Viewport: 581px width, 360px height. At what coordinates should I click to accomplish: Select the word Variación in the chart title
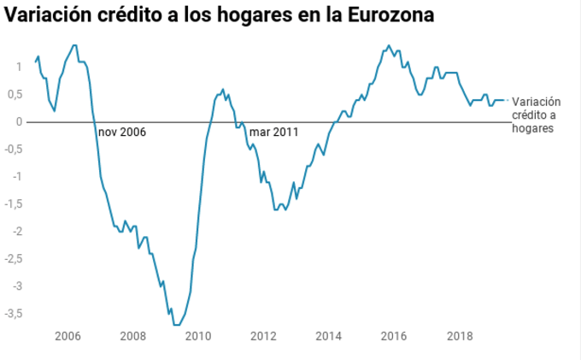pos(50,16)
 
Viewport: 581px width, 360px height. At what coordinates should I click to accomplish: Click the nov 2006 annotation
pos(122,133)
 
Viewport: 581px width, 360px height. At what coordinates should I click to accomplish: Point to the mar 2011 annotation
pos(273,133)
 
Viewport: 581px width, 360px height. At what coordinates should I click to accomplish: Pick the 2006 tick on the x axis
pos(67,336)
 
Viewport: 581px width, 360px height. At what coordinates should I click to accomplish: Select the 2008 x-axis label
pos(133,336)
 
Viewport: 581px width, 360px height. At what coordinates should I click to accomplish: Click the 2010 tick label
pos(198,336)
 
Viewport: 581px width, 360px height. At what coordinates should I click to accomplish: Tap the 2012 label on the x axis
pos(264,336)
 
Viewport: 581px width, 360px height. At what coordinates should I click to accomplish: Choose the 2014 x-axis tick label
pos(330,336)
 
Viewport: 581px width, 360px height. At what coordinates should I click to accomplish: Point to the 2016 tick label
pos(395,336)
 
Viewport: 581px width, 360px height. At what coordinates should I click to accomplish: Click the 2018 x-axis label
pos(461,336)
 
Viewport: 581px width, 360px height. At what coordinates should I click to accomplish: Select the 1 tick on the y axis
pos(18,67)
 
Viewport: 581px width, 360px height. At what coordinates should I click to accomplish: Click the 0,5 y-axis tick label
pos(15,94)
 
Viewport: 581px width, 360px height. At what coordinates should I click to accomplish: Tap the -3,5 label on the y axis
pos(13,314)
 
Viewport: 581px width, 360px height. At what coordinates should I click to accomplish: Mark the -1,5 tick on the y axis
pos(13,204)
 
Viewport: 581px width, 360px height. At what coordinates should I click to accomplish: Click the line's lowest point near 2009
pos(177,325)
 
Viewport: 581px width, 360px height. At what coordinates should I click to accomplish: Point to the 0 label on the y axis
pos(18,121)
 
